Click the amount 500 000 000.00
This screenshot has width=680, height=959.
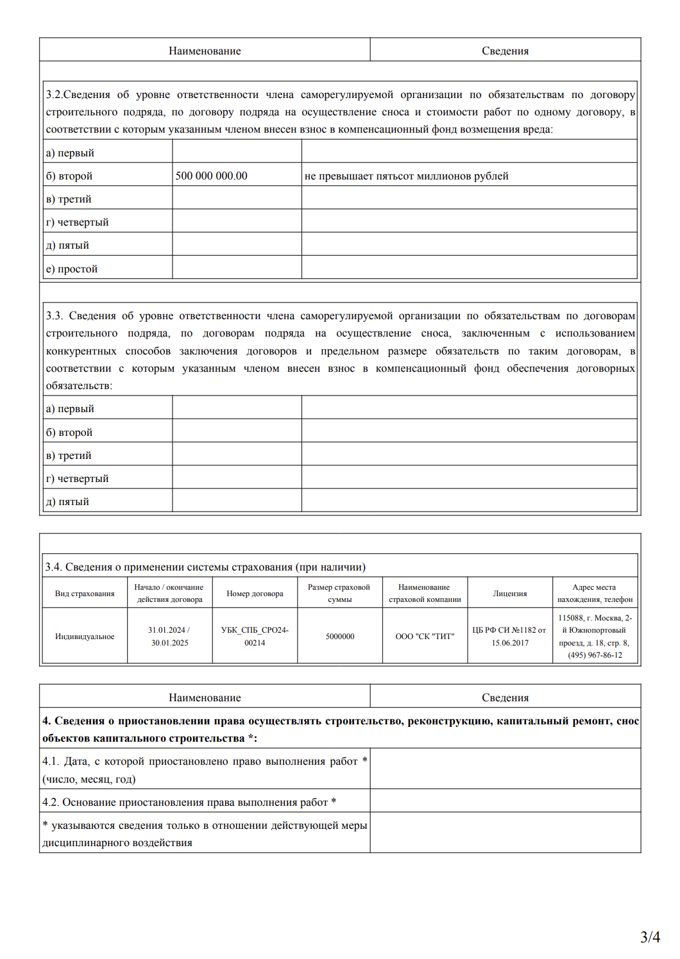pyautogui.click(x=211, y=176)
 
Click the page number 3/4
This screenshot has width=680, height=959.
pyautogui.click(x=650, y=937)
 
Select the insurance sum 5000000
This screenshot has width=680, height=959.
pyautogui.click(x=339, y=637)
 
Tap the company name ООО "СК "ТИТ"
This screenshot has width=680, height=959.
pyautogui.click(x=425, y=637)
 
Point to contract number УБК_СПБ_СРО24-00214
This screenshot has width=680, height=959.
pyautogui.click(x=255, y=637)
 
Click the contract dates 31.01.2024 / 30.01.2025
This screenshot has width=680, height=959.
pyautogui.click(x=169, y=637)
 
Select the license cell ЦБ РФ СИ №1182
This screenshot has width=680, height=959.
pyautogui.click(x=509, y=637)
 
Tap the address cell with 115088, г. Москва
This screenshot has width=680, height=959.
pyautogui.click(x=595, y=637)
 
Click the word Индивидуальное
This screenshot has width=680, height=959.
pyautogui.click(x=85, y=637)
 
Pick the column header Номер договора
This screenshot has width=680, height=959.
pyautogui.click(x=255, y=594)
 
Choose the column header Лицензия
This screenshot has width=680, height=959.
pyautogui.click(x=509, y=594)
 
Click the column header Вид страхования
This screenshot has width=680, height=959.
pyautogui.click(x=85, y=594)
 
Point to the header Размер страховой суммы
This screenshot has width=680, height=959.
pyautogui.click(x=339, y=594)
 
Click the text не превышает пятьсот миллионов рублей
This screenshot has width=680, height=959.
pyautogui.click(x=406, y=176)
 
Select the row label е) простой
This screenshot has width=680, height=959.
pyautogui.click(x=72, y=269)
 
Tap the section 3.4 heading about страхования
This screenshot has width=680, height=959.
pyautogui.click(x=205, y=567)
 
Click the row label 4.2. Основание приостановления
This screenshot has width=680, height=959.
pyautogui.click(x=189, y=802)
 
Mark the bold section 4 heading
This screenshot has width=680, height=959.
pyautogui.click(x=340, y=730)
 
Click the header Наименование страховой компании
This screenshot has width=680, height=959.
pyautogui.click(x=425, y=594)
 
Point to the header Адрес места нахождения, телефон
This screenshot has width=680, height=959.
pyautogui.click(x=595, y=594)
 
